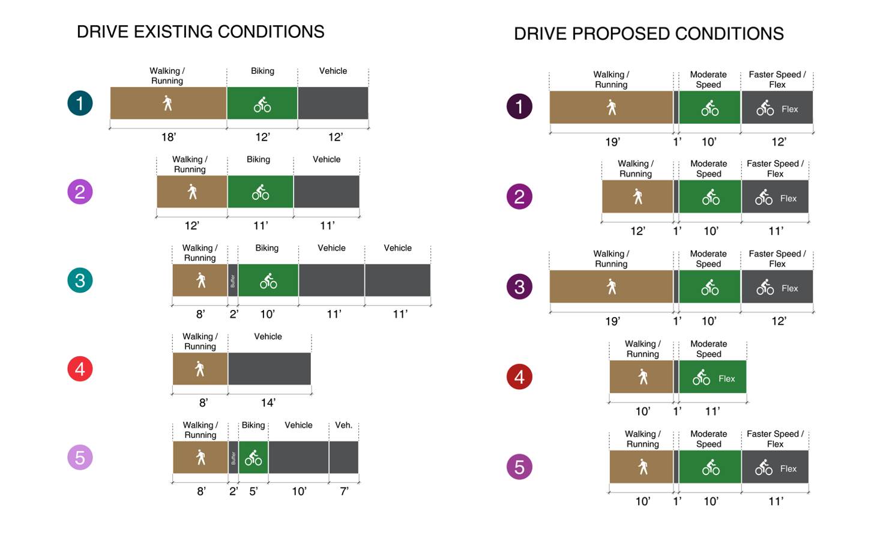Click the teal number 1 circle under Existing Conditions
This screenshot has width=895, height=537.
click(x=80, y=103)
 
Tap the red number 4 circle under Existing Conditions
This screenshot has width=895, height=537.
click(x=80, y=369)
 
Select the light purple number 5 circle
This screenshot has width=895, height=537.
click(x=80, y=458)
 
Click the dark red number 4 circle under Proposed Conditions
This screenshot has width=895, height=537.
click(x=519, y=377)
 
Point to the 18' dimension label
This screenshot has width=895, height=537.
click(x=169, y=138)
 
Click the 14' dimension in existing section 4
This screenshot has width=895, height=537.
click(x=268, y=403)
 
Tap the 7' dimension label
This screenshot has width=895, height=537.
click(x=345, y=491)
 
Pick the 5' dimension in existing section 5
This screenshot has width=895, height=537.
click(x=253, y=491)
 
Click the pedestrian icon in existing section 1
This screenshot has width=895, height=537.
click(x=167, y=103)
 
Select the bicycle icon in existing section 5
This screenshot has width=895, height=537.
click(x=253, y=458)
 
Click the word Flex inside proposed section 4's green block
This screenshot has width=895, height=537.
click(x=726, y=379)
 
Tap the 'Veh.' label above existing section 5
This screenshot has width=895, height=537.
click(x=343, y=425)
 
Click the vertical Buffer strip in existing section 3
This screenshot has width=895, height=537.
click(x=233, y=281)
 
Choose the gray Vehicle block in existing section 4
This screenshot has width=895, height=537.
click(x=270, y=369)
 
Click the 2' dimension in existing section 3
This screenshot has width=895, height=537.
click(x=234, y=314)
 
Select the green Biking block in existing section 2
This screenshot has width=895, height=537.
click(x=261, y=192)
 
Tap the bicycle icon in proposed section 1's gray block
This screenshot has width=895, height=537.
click(x=765, y=109)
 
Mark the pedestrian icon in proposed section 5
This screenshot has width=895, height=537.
click(x=643, y=467)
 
